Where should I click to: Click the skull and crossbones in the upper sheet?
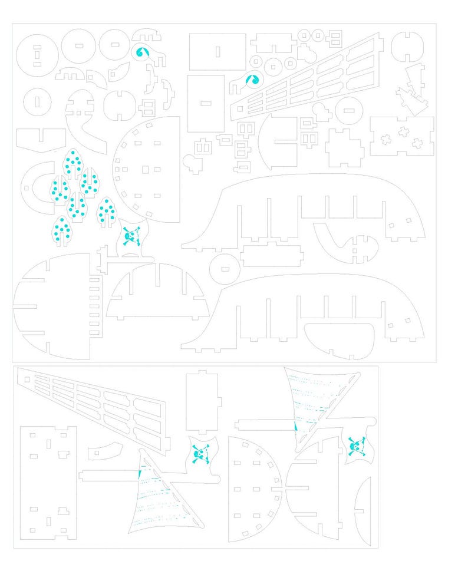[x=131, y=237]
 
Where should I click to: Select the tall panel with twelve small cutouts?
[x=48, y=481]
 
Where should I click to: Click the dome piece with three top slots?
[x=156, y=293]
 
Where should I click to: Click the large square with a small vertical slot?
[x=217, y=52]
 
